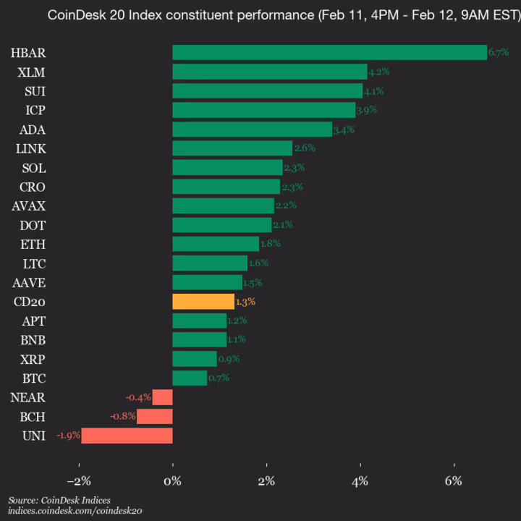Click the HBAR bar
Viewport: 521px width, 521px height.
329,52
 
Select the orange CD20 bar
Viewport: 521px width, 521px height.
203,302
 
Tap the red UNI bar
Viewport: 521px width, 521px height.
127,436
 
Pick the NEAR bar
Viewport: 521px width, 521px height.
162,397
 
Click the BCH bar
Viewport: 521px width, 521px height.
155,416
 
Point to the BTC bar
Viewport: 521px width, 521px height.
190,378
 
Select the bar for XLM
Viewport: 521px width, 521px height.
269,72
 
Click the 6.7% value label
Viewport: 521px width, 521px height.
499,53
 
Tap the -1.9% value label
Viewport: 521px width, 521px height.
68,436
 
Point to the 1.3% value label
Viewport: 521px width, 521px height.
245,302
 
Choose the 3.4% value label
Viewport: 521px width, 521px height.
344,130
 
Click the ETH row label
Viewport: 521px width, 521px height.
33,244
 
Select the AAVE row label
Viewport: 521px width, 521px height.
29,282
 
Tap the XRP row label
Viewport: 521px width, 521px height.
33,359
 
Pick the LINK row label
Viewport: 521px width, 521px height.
30,148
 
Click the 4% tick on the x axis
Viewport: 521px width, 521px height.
360,482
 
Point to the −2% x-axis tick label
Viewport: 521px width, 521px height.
78,482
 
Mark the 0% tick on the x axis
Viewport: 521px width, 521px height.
172,482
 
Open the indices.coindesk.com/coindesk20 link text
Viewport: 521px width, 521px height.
75,511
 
